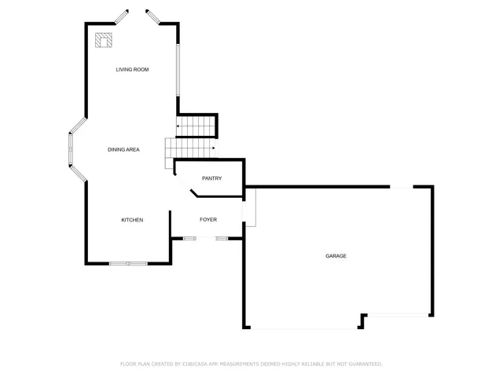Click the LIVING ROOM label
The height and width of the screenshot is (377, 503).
pos(132,70)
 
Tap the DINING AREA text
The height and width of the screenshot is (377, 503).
pos(123,149)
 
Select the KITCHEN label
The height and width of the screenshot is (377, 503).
pos(132,220)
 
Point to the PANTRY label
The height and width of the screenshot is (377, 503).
pos(211,178)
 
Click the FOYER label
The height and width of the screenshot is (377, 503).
pos(207,220)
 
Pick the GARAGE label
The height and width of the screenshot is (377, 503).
pos(336,256)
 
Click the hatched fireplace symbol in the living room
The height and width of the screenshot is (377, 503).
pos(104,39)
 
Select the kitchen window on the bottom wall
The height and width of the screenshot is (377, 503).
pos(127,263)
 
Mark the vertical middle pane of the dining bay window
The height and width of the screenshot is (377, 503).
pos(70,149)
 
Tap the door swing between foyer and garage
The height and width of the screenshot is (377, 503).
pos(249,207)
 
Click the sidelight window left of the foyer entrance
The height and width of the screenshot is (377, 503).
pos(189,237)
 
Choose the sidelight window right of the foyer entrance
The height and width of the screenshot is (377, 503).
pos(222,237)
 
